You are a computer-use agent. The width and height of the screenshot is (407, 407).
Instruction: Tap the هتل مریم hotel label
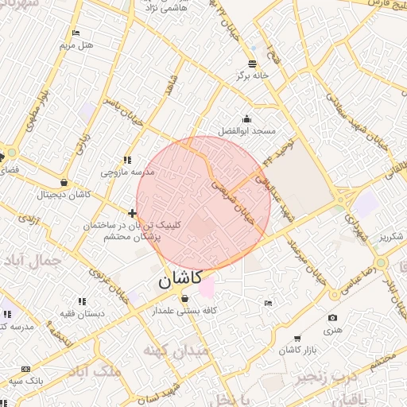(77, 45)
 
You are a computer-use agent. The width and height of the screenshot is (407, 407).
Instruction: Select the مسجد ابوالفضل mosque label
(247, 130)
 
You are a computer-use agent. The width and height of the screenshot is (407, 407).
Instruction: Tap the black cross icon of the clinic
(132, 213)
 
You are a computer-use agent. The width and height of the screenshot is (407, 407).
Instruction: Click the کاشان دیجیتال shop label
(64, 194)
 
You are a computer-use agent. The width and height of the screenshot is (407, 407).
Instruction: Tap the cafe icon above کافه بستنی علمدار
(185, 299)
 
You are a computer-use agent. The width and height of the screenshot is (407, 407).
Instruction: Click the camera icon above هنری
(331, 318)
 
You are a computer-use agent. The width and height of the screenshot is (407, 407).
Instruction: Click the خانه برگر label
(252, 76)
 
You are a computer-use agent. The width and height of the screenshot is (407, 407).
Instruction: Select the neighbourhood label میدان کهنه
(176, 349)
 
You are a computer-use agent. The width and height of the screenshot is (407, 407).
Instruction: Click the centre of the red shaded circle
(203, 203)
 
